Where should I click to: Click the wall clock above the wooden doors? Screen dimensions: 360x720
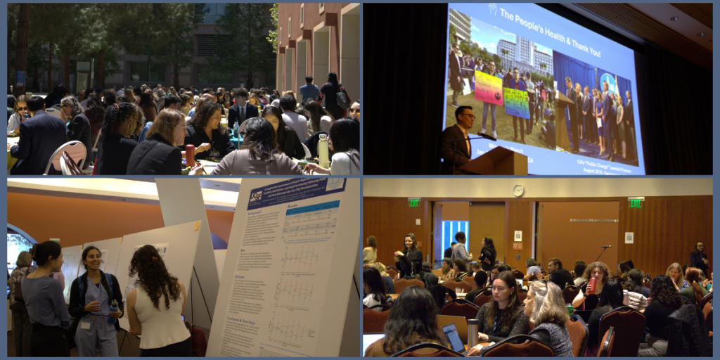518,191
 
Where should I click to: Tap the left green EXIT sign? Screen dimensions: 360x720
415,202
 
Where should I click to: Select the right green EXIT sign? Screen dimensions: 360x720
636,202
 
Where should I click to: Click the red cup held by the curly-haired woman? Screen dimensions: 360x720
591,285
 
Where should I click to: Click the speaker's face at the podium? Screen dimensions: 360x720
465,117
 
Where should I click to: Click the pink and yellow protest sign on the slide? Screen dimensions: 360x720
489,87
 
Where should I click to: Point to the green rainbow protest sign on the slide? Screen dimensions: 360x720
516,103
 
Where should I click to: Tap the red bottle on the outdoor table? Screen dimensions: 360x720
190,155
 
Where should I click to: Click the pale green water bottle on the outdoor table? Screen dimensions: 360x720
323,150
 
